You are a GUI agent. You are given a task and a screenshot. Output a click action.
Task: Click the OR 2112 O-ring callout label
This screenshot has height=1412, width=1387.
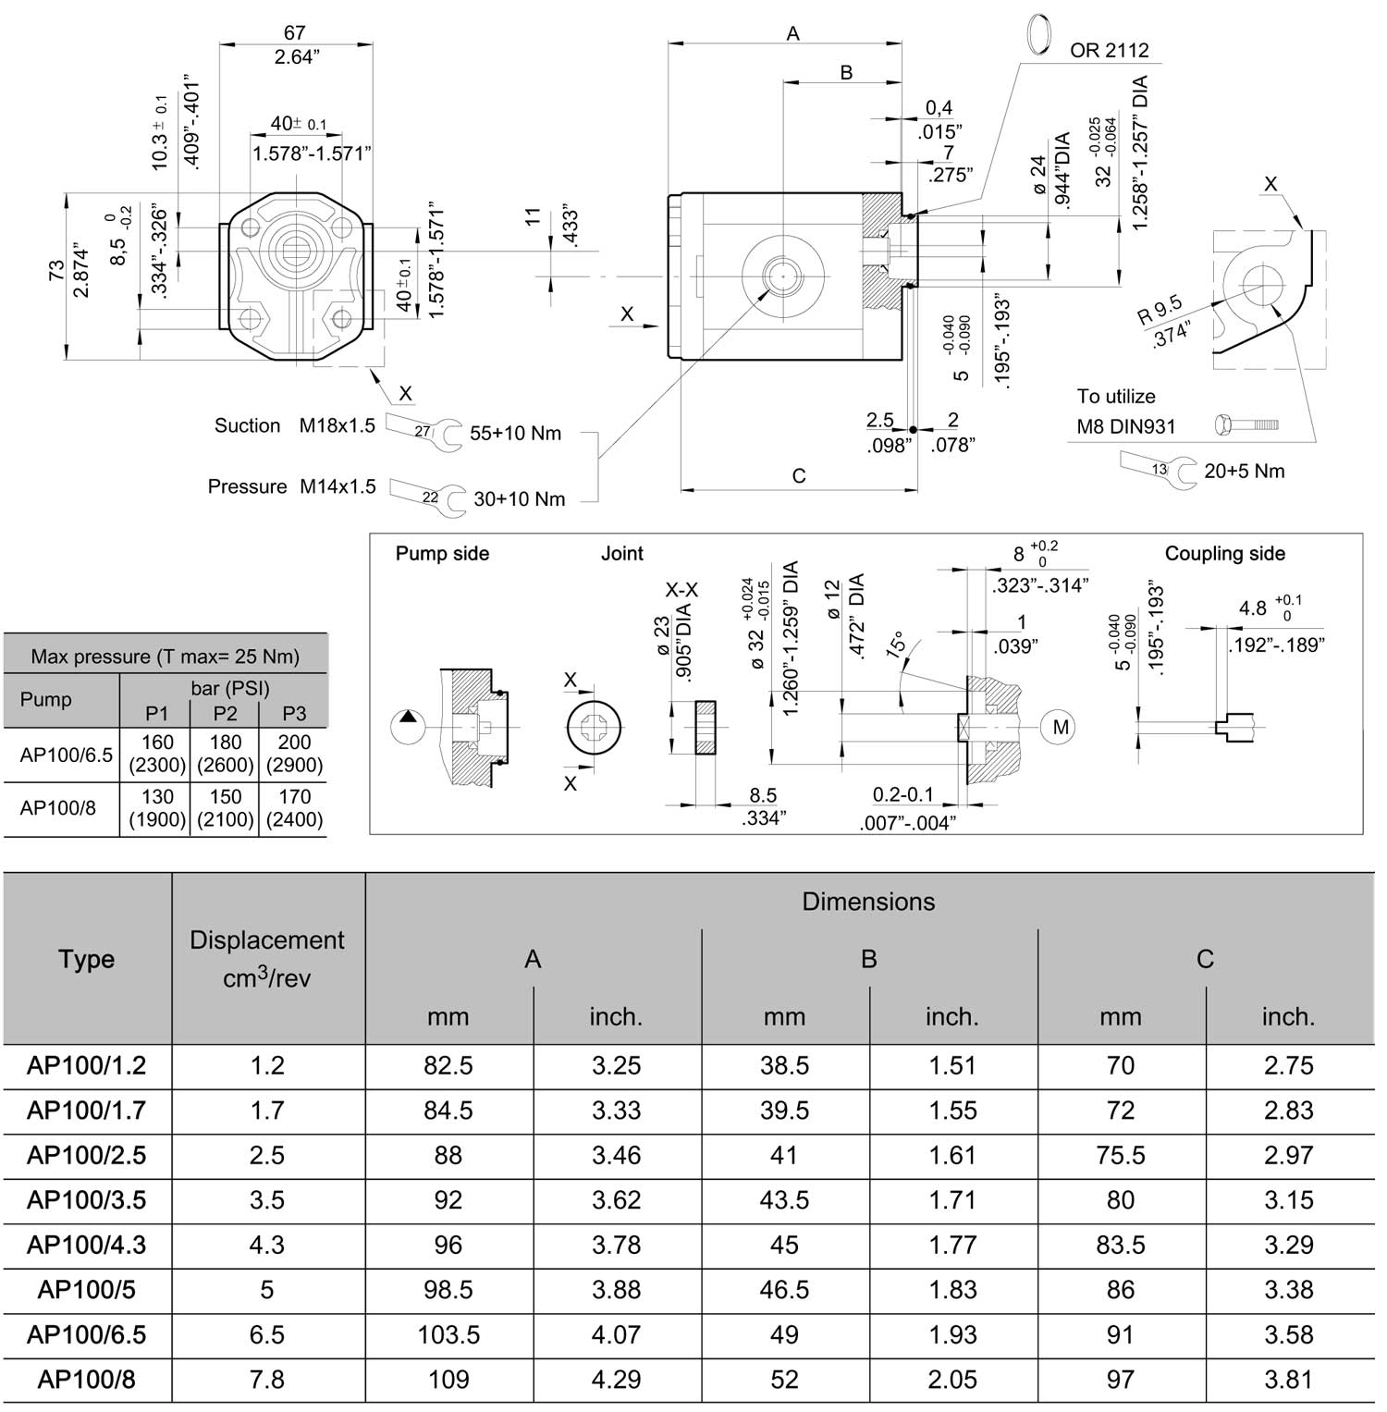click(1110, 50)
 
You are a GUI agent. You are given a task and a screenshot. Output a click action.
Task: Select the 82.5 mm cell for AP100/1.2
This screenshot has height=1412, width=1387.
click(448, 1066)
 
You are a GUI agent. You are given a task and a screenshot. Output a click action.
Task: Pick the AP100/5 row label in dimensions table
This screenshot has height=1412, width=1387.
click(87, 1290)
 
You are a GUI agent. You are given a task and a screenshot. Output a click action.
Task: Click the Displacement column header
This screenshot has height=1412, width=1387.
click(267, 959)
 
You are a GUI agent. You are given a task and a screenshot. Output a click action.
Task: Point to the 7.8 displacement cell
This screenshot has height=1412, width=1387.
click(267, 1380)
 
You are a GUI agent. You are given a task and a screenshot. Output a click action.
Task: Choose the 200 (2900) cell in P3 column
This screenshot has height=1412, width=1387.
click(294, 754)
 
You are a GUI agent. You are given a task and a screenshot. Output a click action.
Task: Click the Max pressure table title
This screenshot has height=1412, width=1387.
click(166, 657)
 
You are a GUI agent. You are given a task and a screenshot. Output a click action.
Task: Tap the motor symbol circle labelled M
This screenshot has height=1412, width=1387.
click(1061, 728)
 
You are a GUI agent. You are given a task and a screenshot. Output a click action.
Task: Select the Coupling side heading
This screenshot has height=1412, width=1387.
click(1225, 554)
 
